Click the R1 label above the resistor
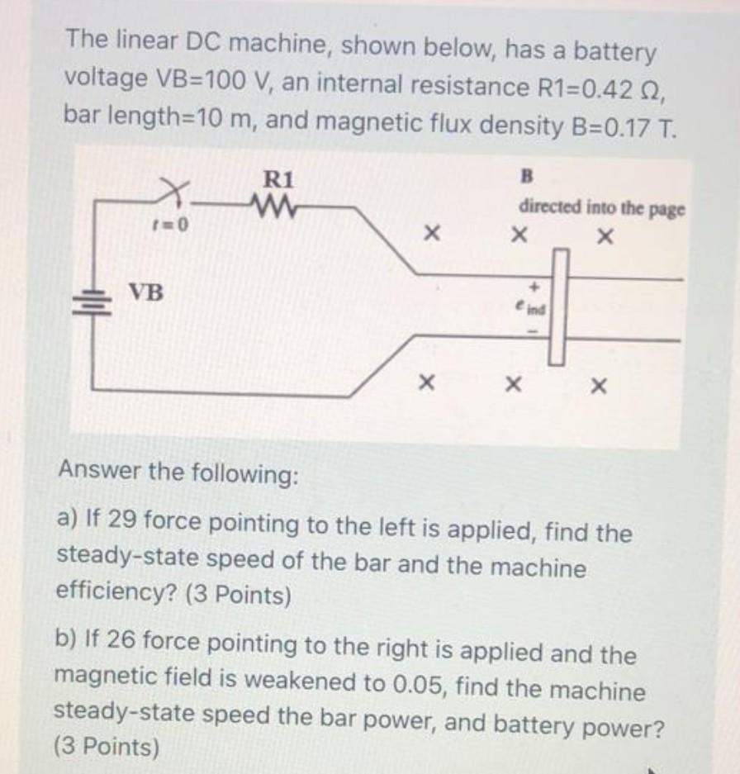point(277,179)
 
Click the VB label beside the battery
point(146,292)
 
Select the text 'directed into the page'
point(601,207)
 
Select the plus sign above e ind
point(534,287)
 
